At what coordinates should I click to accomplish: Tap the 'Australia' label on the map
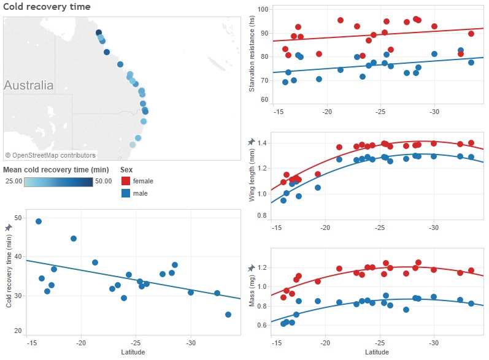tap(28, 85)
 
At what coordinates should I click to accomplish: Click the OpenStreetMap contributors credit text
tap(50, 155)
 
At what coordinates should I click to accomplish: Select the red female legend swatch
tap(126, 181)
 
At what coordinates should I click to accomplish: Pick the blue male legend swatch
tap(126, 193)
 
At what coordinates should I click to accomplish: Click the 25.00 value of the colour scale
tap(13, 182)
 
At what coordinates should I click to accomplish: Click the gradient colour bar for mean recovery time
tap(58, 182)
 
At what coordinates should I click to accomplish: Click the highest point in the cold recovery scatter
tap(39, 221)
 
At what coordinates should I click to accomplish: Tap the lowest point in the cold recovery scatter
tap(228, 315)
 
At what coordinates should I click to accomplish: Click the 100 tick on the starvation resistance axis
tap(263, 10)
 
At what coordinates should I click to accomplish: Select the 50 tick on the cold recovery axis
tap(18, 218)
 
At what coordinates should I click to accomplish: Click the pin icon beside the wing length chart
tap(252, 142)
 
